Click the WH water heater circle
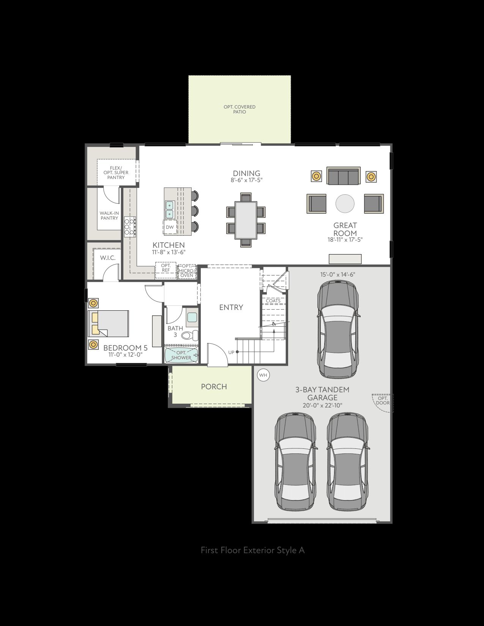click(263, 375)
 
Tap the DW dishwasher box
click(170, 227)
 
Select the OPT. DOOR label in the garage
click(383, 400)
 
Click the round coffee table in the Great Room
click(345, 203)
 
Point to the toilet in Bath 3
click(191, 335)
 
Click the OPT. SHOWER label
click(181, 355)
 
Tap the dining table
click(246, 220)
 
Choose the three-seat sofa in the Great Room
click(343, 176)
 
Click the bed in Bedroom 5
click(109, 324)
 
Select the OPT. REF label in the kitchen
click(166, 267)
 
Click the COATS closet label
click(273, 301)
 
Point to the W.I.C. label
click(108, 258)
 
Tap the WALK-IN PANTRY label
click(109, 215)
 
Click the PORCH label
click(214, 387)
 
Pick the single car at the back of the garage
click(338, 330)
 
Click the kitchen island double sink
click(170, 209)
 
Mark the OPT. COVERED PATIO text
click(240, 109)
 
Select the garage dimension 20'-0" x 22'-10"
click(322, 405)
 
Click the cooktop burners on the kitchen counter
click(130, 227)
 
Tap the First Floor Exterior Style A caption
click(252, 550)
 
